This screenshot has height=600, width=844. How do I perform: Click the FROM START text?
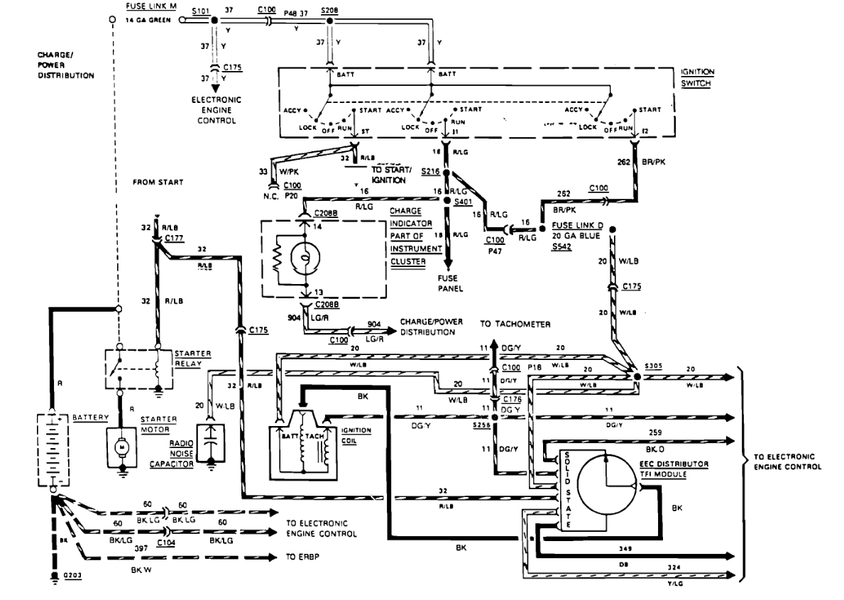(x=158, y=182)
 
